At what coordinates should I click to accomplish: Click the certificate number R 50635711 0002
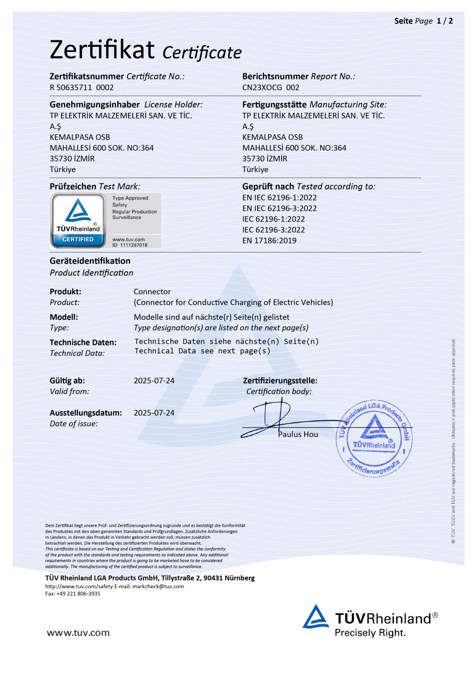click(x=82, y=87)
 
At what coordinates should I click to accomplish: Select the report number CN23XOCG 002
click(x=271, y=87)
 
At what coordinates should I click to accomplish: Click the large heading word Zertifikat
click(x=102, y=50)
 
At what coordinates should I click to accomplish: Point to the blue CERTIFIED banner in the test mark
click(x=78, y=239)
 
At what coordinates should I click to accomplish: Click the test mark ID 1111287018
click(x=130, y=245)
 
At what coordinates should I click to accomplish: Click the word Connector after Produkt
click(x=152, y=291)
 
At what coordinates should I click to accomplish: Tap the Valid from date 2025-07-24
click(x=154, y=381)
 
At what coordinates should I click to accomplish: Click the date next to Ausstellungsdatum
click(x=154, y=413)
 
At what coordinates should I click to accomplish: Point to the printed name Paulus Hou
click(x=298, y=434)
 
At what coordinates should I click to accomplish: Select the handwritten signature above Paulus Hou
click(x=278, y=418)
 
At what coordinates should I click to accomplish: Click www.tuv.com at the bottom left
click(x=78, y=632)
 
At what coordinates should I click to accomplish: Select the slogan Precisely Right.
click(x=370, y=633)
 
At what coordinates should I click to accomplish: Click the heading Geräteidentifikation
click(x=90, y=261)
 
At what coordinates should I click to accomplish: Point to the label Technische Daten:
click(x=83, y=343)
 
